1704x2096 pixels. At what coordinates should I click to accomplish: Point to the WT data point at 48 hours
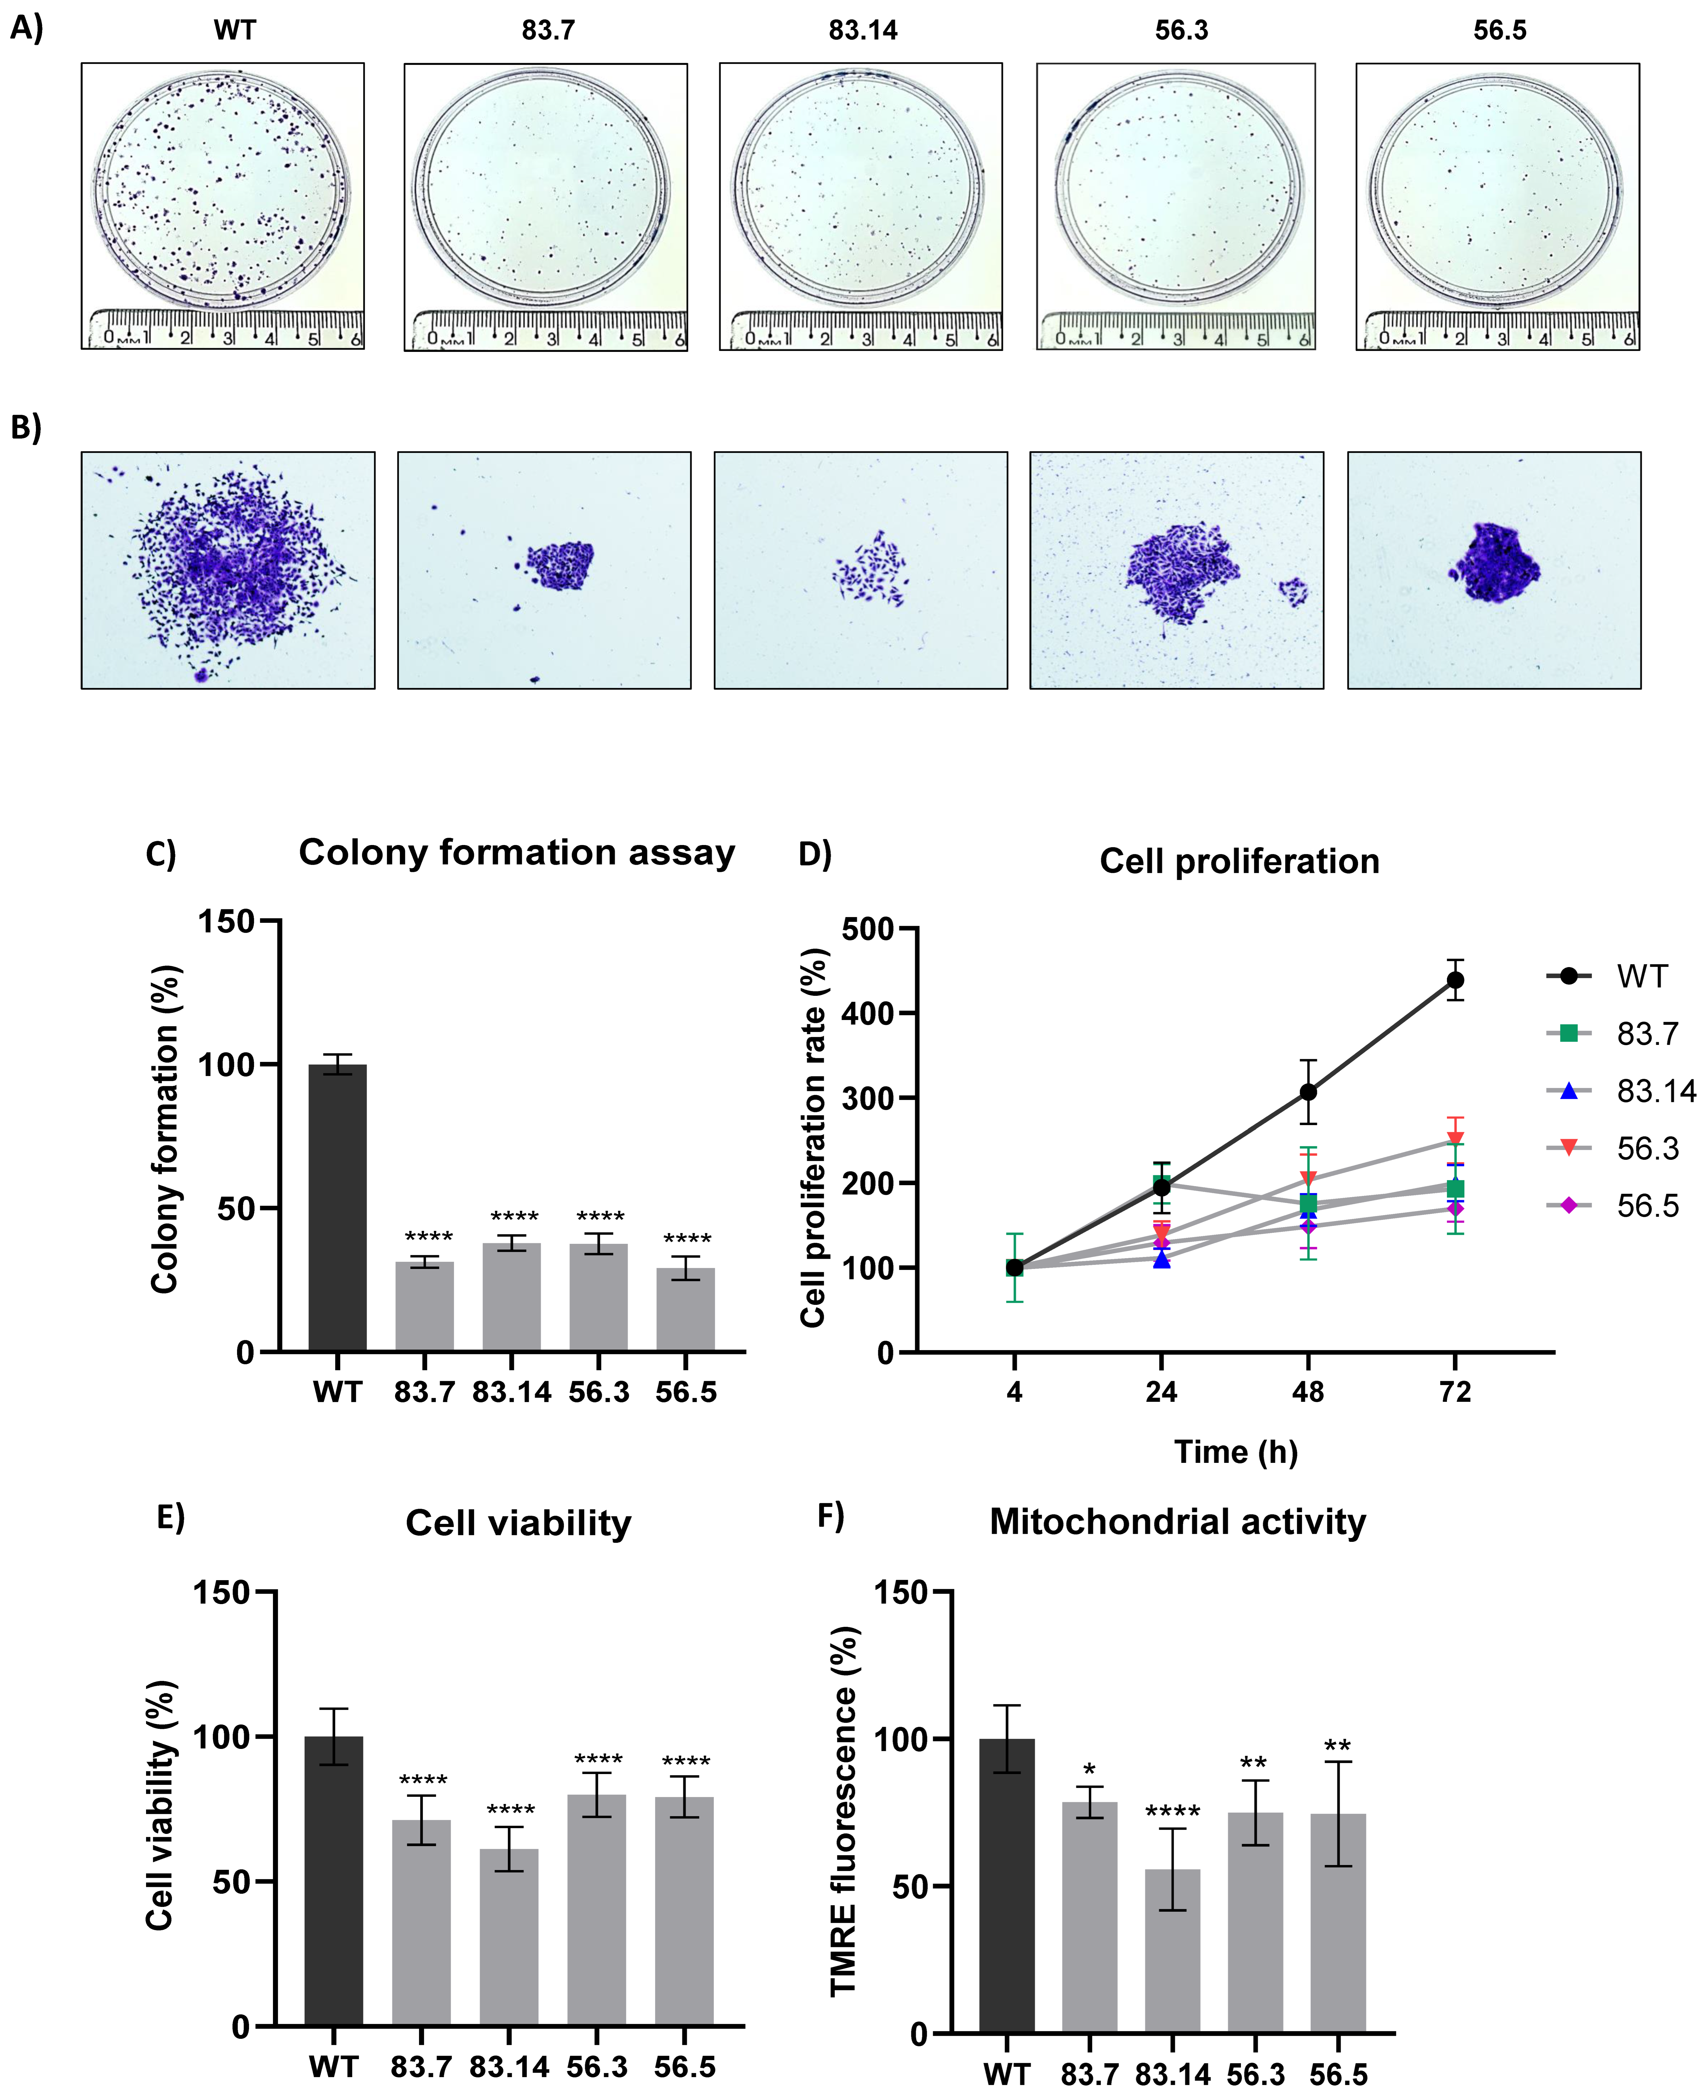pyautogui.click(x=1307, y=1091)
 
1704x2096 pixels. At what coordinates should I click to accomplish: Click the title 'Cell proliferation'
pyautogui.click(x=1239, y=861)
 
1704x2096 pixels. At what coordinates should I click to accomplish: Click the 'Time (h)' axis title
pyautogui.click(x=1236, y=1451)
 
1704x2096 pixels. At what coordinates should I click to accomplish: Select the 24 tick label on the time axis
pyautogui.click(x=1161, y=1391)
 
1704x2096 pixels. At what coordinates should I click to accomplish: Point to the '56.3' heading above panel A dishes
pyautogui.click(x=1181, y=31)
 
